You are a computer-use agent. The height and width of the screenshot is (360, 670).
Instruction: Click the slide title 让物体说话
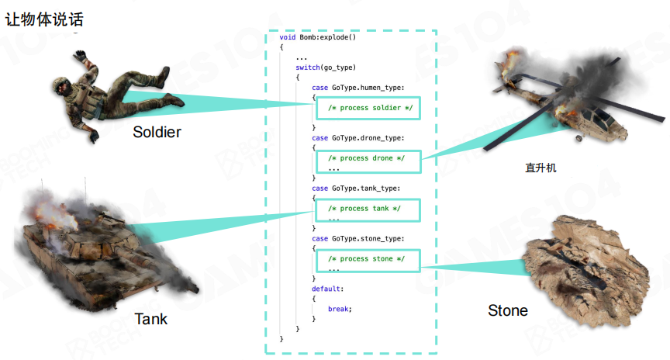(x=44, y=18)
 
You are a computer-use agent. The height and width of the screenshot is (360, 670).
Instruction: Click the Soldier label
(x=157, y=132)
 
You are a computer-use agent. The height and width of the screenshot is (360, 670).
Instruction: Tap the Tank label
(x=150, y=319)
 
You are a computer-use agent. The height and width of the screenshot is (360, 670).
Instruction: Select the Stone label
(x=508, y=310)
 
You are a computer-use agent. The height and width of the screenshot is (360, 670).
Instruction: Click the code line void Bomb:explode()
(x=317, y=37)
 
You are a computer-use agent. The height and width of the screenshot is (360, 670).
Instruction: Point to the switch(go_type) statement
(x=326, y=67)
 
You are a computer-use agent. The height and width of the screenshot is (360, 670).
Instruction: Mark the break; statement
(x=340, y=309)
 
